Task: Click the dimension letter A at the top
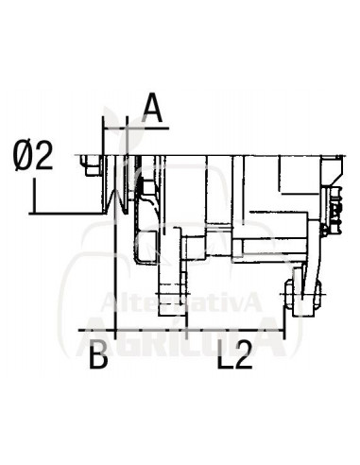(152, 110)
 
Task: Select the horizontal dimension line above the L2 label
(236, 333)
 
